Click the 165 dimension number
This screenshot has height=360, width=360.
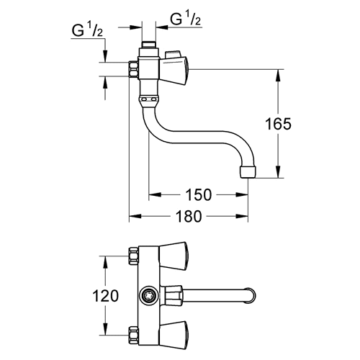coord(278,124)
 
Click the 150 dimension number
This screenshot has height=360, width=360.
coord(199,194)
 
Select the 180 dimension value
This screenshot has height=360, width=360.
coord(189,216)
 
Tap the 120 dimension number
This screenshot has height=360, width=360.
coord(106,295)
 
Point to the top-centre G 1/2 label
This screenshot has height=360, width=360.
coord(185,19)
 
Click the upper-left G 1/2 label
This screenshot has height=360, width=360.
coord(87,30)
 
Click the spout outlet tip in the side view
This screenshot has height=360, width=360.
coord(248,172)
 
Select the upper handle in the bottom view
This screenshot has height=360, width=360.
coord(174,256)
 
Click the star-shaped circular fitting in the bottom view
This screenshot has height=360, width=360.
coord(149,296)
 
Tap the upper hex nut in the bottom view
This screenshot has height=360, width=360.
coord(134,256)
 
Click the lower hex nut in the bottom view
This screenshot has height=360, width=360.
coord(134,335)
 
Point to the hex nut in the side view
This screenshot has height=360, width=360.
coord(134,69)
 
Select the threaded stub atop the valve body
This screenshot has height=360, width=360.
coord(149,45)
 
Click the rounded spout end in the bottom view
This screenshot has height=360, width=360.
coord(251,295)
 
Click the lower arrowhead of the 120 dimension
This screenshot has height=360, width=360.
coord(106,329)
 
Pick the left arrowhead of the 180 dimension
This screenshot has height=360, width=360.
coord(135,216)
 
